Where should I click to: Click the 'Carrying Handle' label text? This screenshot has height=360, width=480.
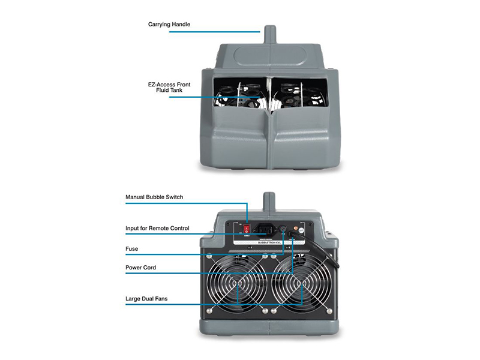pos(169,25)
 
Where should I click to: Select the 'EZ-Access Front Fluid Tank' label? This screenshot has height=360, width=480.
pos(169,87)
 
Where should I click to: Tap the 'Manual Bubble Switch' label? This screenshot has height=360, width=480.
pos(154,197)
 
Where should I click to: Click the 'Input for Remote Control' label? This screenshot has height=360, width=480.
pos(157,229)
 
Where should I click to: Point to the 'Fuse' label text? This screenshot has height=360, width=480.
pos(131,249)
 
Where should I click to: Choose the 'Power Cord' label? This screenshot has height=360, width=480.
pos(140,268)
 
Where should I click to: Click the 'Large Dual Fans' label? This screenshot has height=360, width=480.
pos(146,299)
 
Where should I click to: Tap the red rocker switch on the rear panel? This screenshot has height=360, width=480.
pos(247,229)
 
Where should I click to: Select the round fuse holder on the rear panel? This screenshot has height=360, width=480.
pos(283,229)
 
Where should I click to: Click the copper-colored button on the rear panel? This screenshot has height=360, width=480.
pos(296,228)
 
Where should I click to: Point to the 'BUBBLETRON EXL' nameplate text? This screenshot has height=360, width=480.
pos(269,242)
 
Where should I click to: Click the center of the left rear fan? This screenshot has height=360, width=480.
pos(238,284)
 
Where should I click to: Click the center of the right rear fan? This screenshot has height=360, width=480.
pos(302,284)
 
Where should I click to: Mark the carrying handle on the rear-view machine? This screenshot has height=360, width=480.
pos(269,202)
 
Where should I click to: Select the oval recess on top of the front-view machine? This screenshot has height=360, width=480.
pos(270,56)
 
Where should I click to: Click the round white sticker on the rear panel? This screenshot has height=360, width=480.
pos(302,230)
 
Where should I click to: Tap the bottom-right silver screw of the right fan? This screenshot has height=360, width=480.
pos(329,311)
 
